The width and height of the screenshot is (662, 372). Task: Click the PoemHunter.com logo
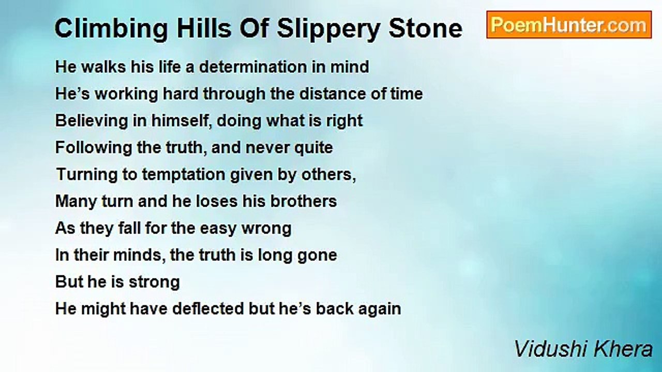pyautogui.click(x=568, y=25)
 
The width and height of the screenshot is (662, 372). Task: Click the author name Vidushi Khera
pyautogui.click(x=583, y=350)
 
